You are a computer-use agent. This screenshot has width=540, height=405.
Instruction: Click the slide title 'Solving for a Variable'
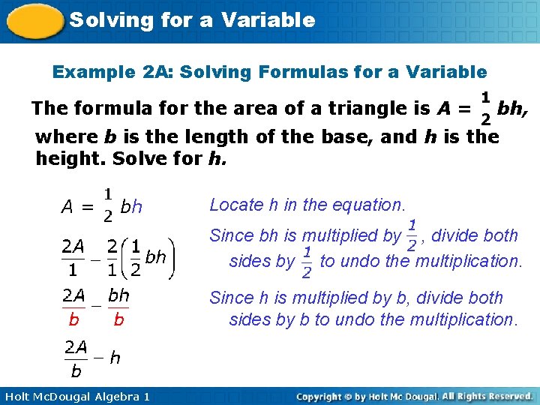[x=192, y=20]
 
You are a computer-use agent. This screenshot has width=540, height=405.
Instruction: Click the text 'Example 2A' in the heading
[x=94, y=72]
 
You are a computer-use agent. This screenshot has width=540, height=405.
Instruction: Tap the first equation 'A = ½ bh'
[x=102, y=205]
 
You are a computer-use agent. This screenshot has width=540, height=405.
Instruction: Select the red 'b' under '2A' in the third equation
[x=73, y=319]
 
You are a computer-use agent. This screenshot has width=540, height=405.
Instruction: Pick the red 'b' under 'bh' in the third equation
[x=118, y=319]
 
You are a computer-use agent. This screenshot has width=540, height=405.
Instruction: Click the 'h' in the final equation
[x=115, y=358]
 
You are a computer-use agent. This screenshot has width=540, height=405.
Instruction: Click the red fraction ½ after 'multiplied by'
[x=412, y=235]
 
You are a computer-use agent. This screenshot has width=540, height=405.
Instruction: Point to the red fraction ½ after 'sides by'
[x=307, y=261]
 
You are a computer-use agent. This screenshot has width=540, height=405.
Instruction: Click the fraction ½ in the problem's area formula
[x=485, y=108]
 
